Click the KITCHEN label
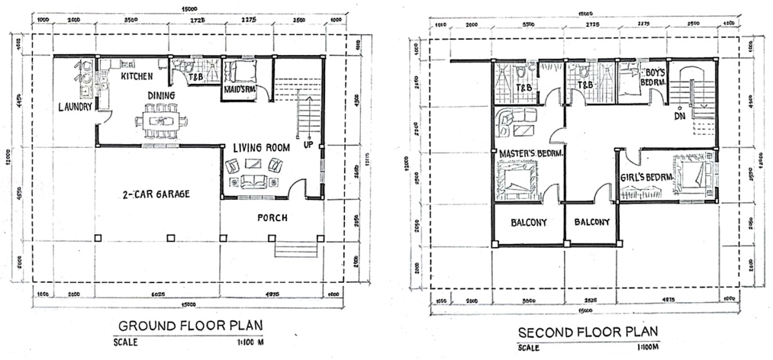138,77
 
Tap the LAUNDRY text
75,107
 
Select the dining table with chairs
160,121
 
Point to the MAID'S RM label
237,91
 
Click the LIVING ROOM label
261,147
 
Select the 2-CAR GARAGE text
156,194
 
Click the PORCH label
272,217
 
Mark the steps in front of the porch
295,248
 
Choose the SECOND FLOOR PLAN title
588,333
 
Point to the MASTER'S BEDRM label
531,153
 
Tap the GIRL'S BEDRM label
646,177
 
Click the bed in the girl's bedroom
694,175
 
